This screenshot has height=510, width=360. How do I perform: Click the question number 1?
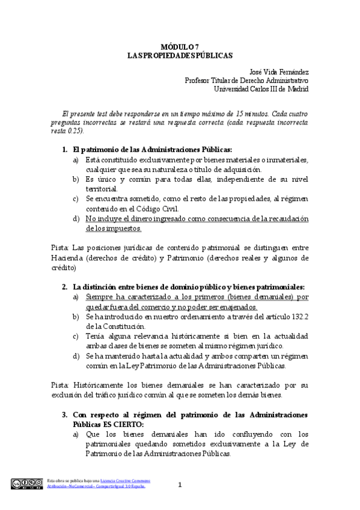[65, 149]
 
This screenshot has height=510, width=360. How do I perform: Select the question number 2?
[65, 286]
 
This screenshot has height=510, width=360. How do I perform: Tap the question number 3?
[65, 415]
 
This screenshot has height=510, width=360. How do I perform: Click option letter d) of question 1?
[76, 218]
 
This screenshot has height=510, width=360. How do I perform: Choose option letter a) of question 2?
[76, 297]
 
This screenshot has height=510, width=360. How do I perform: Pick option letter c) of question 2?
[76, 336]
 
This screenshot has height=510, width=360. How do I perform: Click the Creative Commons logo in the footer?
[26, 482]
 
